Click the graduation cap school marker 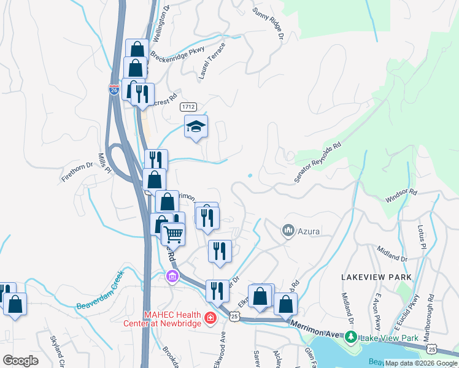[x=196, y=127]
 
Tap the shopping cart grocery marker [x=174, y=234]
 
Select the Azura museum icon [x=288, y=231]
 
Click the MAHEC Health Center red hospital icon [x=210, y=318]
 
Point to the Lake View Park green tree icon [x=350, y=337]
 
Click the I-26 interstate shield [x=114, y=89]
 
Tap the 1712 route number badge [x=189, y=107]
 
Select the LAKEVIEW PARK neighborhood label [x=376, y=277]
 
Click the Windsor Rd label [x=401, y=196]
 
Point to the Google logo [x=20, y=361]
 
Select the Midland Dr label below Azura [x=393, y=254]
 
